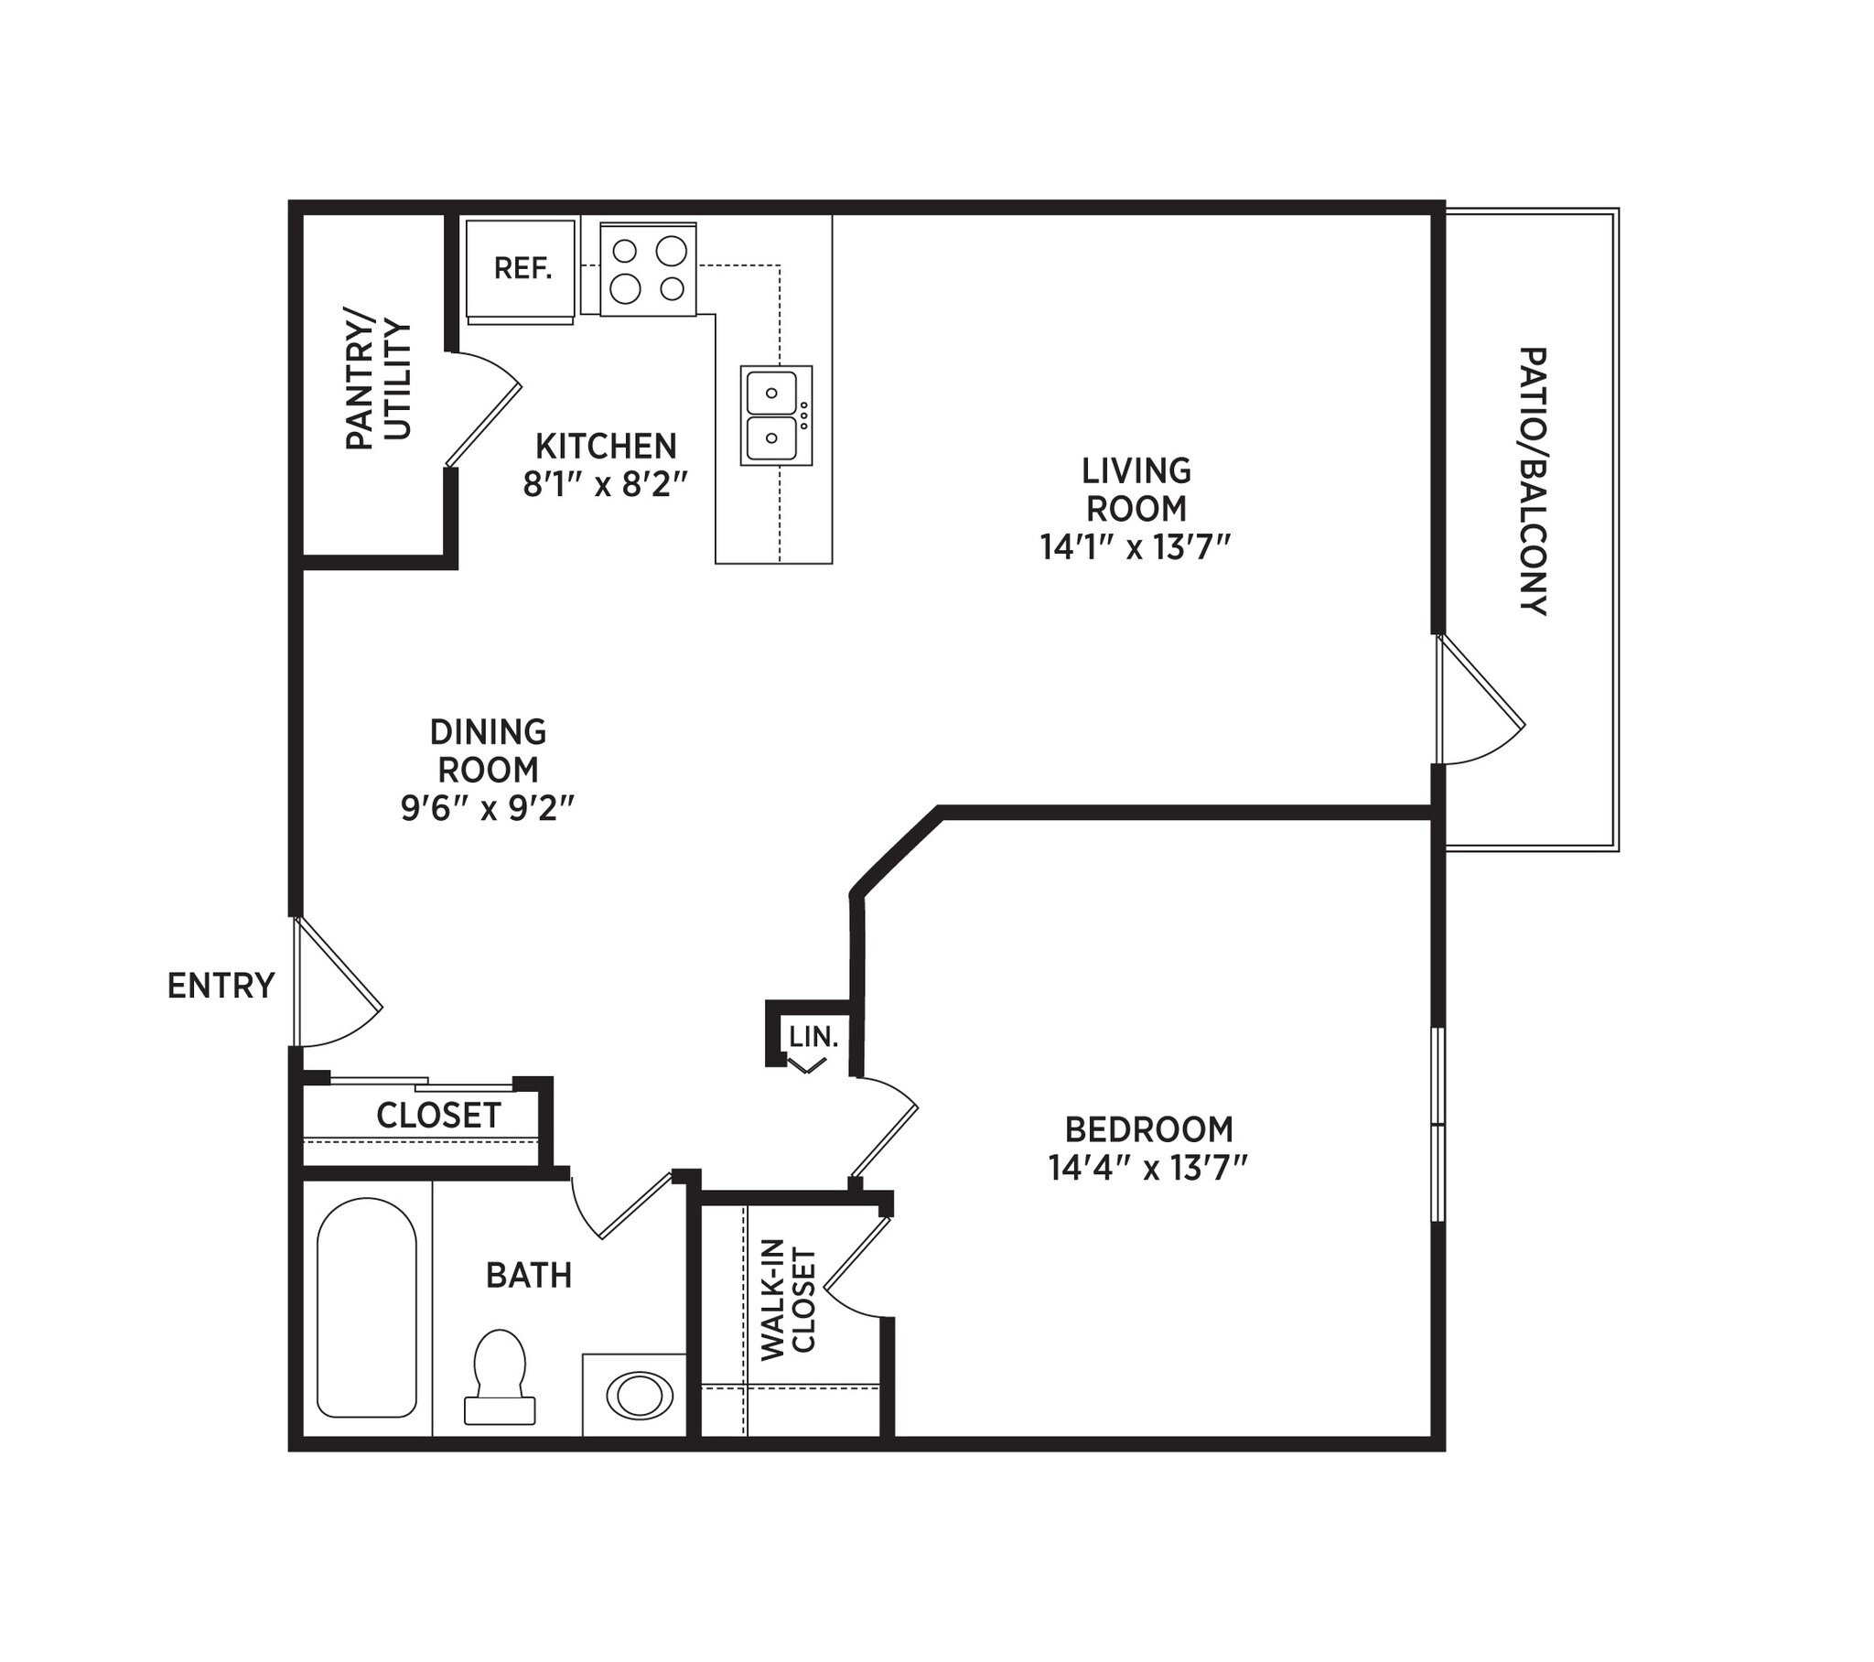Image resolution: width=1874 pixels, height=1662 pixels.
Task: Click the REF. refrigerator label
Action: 522,269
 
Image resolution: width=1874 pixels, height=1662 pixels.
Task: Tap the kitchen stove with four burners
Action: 648,269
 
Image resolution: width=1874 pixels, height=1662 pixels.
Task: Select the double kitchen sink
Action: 776,415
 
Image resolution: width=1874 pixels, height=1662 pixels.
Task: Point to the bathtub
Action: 367,1307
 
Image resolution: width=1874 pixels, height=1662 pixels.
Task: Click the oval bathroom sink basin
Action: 639,1395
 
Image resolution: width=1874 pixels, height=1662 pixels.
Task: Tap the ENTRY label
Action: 221,985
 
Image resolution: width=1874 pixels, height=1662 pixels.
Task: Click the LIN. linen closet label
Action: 814,1037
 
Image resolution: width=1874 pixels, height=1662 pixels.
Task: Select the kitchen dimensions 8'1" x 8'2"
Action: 605,484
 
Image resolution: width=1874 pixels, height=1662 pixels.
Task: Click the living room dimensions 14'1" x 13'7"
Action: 1134,547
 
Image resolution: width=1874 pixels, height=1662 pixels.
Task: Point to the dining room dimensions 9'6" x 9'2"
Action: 488,808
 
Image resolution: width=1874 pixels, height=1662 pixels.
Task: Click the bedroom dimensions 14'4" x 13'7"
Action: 1148,1169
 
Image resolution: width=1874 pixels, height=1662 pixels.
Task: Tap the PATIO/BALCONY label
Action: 1533,480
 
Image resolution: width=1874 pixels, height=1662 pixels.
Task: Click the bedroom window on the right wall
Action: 1438,1124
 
